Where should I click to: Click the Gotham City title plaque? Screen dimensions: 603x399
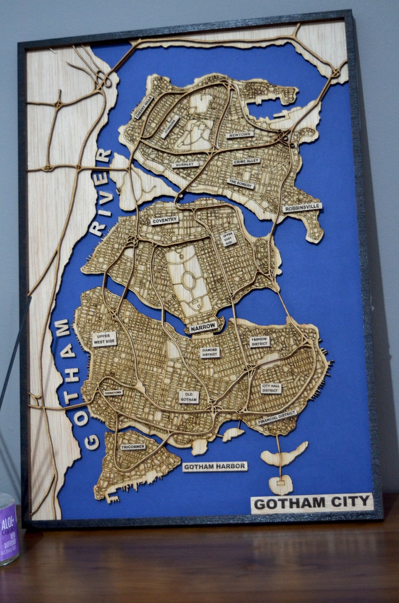point(312,503)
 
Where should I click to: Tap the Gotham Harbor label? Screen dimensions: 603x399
point(215,467)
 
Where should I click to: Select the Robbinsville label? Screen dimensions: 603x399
point(302,207)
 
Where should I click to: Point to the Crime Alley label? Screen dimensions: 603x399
point(247,161)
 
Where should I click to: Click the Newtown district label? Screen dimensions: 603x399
point(240,135)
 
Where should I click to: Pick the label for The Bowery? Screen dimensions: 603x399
point(240,184)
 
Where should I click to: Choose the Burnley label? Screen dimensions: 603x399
point(185,164)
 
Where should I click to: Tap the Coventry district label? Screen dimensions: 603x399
point(164,220)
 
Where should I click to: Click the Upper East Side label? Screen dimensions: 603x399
point(228,239)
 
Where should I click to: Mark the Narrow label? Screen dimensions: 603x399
point(203,327)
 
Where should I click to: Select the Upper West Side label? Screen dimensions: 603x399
point(104,339)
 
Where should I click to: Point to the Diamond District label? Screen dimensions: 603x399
point(210,352)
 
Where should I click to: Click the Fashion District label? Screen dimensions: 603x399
point(260,341)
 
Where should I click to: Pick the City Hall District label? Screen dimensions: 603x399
point(271,388)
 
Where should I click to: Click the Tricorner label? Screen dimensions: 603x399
point(132,447)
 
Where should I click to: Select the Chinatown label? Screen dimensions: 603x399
point(113,393)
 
